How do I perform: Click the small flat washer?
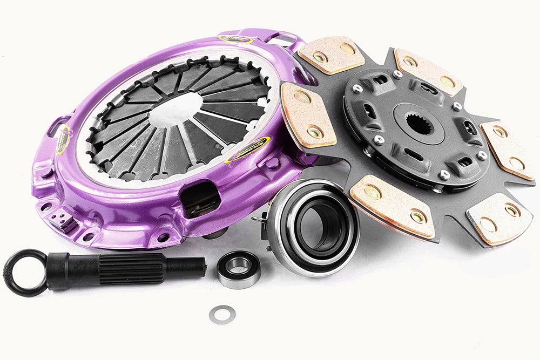(222, 314)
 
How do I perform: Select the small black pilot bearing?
(239, 268)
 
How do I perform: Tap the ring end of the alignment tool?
(25, 273)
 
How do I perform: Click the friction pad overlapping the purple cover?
(307, 114)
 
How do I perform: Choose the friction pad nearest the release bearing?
(392, 205)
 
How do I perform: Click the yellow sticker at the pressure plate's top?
(236, 39)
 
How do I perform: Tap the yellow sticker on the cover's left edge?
(63, 139)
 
